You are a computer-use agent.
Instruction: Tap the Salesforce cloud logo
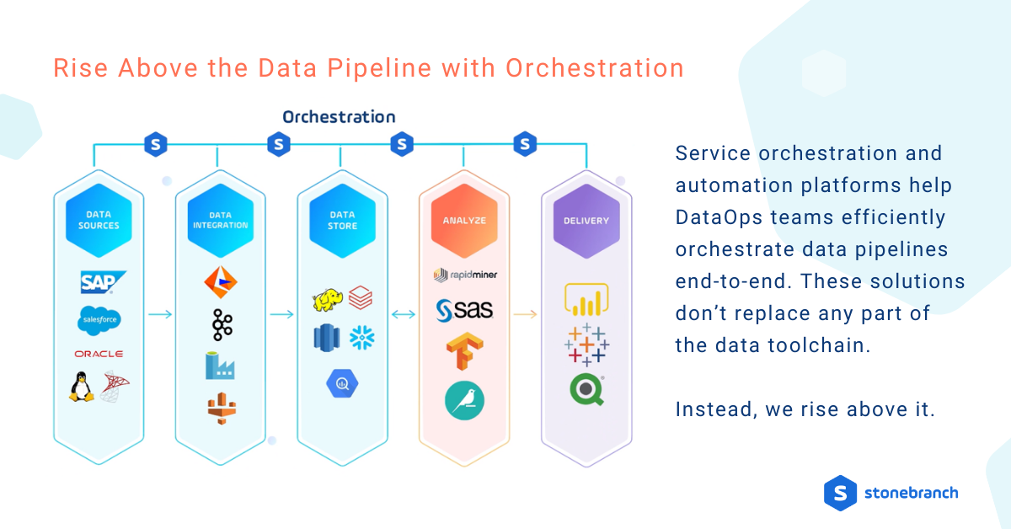99,319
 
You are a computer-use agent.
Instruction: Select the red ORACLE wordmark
99,354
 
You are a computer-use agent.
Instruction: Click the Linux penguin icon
82,387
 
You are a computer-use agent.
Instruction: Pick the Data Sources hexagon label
99,220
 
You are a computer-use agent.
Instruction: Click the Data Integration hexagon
221,220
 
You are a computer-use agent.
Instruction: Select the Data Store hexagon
342,220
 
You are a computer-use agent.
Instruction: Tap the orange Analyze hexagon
464,221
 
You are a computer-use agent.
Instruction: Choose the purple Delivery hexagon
586,221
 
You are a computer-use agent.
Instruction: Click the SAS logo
464,311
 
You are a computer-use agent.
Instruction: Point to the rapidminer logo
464,275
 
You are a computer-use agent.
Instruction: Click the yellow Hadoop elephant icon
328,300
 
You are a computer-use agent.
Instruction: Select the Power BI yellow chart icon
586,300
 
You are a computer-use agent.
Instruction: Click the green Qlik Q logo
586,389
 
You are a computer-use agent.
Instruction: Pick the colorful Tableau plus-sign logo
586,344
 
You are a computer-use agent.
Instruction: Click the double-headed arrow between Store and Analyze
404,314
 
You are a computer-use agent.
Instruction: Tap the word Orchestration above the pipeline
339,117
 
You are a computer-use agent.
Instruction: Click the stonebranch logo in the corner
891,493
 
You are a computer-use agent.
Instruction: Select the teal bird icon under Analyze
464,401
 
